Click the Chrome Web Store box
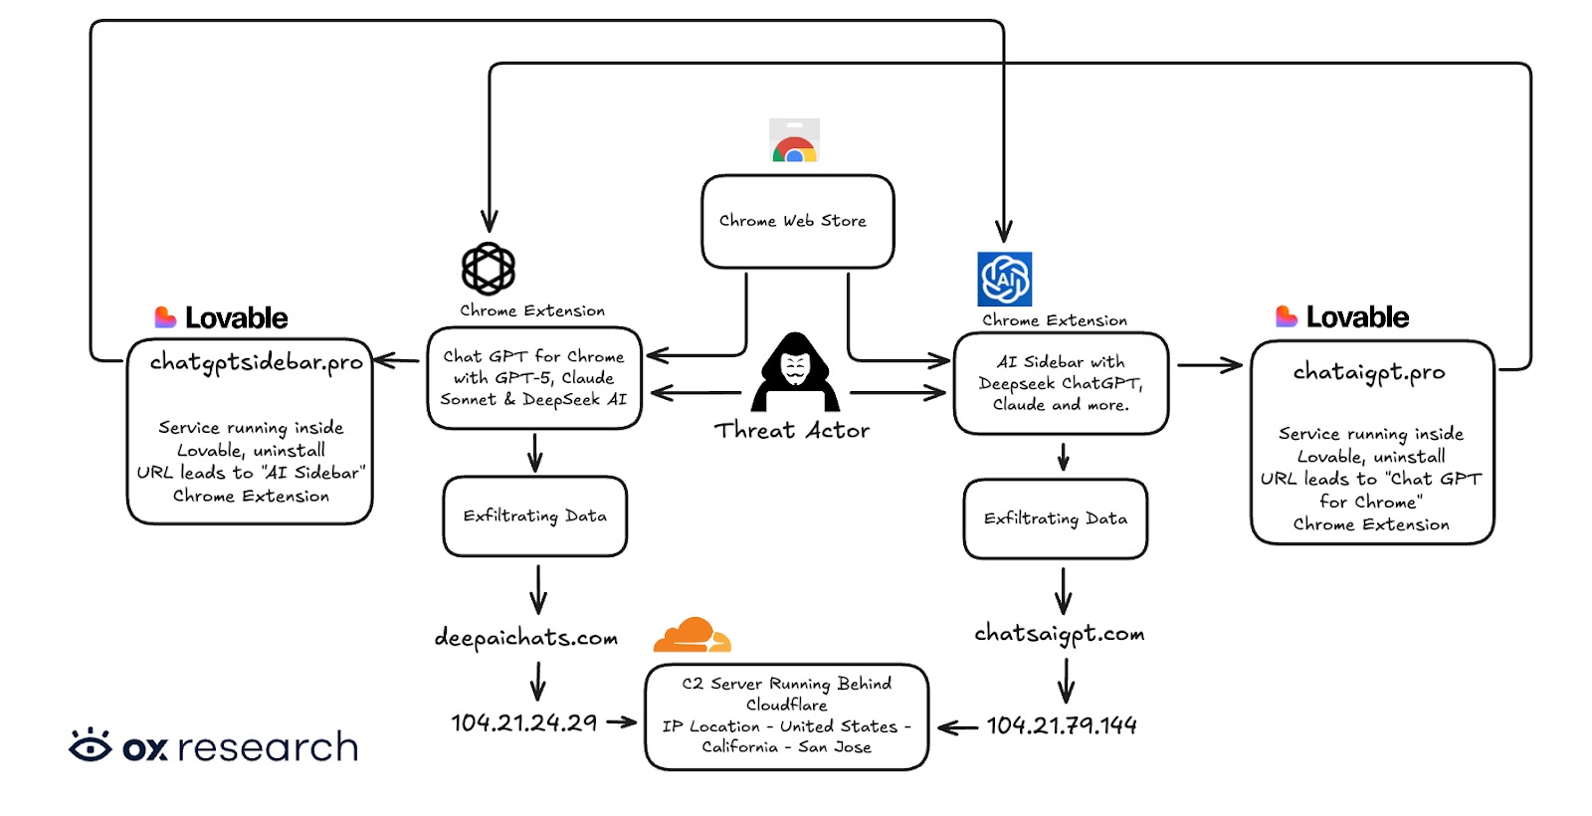(x=797, y=221)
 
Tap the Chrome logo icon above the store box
(x=794, y=141)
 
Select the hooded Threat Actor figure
(x=795, y=373)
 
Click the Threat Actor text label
(x=792, y=431)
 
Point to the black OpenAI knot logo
(x=489, y=269)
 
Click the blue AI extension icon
(x=1004, y=280)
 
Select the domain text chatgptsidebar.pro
(x=256, y=362)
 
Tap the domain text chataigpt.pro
(x=1369, y=372)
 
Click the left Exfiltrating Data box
(x=535, y=516)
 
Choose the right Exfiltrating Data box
(x=1056, y=519)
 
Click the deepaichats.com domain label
(x=526, y=638)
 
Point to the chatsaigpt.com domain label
(x=1060, y=634)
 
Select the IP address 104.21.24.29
(x=524, y=723)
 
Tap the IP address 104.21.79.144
(x=1062, y=726)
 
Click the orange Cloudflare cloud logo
(x=692, y=635)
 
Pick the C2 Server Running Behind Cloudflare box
(x=786, y=716)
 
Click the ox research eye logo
(x=91, y=745)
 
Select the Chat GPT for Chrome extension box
(x=534, y=378)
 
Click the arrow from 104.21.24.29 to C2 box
(x=621, y=722)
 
